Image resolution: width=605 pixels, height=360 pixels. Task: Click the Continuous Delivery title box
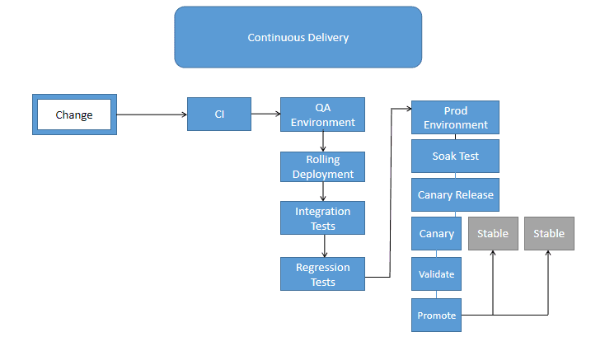(x=298, y=37)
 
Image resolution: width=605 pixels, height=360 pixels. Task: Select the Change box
(x=74, y=115)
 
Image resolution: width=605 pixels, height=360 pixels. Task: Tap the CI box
(x=219, y=115)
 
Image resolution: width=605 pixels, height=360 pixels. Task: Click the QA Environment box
(x=322, y=115)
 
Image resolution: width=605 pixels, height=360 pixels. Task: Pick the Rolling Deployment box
(x=322, y=166)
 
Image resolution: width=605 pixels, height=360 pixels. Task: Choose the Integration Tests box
(x=322, y=218)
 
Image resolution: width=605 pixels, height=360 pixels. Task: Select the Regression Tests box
(x=322, y=274)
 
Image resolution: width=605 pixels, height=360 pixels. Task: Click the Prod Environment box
(x=455, y=118)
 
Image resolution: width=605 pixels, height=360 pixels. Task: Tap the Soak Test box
(x=455, y=156)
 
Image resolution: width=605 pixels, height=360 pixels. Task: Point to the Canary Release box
(x=455, y=195)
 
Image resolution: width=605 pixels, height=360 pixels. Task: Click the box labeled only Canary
(x=436, y=233)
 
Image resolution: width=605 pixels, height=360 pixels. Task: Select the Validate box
(x=436, y=274)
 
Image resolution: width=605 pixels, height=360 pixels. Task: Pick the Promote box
(x=436, y=316)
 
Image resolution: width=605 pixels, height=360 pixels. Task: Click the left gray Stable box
(x=493, y=233)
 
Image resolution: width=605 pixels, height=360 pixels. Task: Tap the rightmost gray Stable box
(x=549, y=233)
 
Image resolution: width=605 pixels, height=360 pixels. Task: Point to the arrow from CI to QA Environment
(x=265, y=115)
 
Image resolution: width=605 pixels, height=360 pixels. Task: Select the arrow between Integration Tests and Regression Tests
(x=324, y=246)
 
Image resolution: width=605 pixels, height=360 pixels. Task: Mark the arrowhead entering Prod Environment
(x=407, y=107)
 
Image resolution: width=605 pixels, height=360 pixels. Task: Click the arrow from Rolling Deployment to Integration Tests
(x=323, y=192)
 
